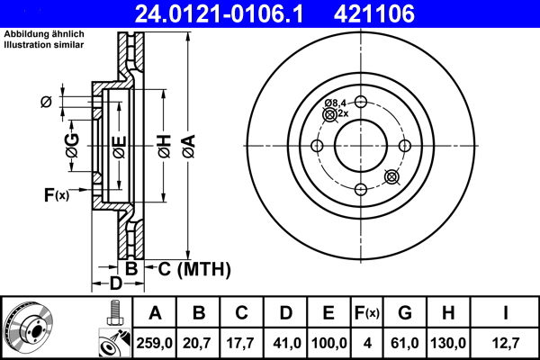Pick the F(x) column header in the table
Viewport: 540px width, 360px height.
tap(366, 313)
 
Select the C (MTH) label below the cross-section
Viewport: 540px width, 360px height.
tap(188, 268)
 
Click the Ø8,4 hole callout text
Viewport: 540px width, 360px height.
tap(336, 103)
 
